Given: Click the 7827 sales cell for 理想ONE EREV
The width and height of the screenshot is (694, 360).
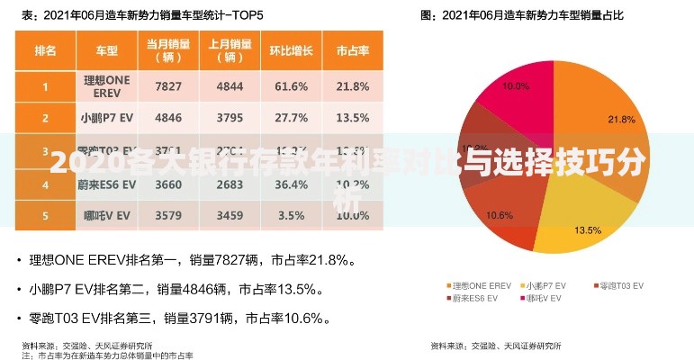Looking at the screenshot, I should pos(168,86).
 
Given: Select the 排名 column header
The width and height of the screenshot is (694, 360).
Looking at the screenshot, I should pos(45,50).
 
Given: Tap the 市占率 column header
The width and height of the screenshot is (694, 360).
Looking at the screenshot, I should pos(352,50).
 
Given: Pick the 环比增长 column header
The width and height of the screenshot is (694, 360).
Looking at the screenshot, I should pos(291,50).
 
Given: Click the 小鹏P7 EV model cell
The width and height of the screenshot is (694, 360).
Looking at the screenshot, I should pos(105,118).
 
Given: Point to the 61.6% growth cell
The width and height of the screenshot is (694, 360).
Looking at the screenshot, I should pos(291,86).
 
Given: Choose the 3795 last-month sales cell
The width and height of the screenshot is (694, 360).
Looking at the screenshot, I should pos(230,118).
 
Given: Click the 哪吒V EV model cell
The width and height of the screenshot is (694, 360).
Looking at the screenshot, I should pos(105,216).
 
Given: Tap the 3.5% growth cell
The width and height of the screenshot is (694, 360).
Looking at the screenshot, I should pos(291,216).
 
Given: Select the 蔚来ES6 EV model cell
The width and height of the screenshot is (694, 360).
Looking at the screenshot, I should pos(105,184).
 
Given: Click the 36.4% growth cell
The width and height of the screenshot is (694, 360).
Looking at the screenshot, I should pos(291,184).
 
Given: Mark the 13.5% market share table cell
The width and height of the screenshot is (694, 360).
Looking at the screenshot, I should pos(352,118).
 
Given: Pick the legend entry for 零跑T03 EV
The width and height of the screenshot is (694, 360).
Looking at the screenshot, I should pos(620,284).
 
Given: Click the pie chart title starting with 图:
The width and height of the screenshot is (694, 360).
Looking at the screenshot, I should pos(521,15).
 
